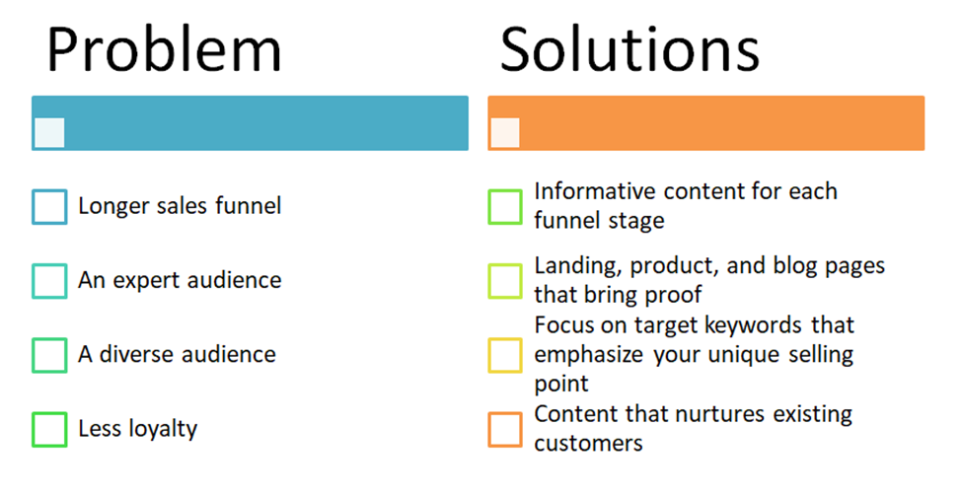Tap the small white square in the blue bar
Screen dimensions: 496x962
[x=49, y=133]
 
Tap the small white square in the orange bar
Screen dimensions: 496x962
[x=505, y=133]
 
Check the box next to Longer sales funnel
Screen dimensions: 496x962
[x=49, y=207]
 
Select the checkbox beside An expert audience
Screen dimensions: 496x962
[x=49, y=281]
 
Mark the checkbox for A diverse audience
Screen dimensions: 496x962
[x=49, y=355]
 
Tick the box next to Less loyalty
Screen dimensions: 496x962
[x=49, y=430]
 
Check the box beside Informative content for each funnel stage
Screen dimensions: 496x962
[x=505, y=207]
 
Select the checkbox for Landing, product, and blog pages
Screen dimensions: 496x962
[x=505, y=281]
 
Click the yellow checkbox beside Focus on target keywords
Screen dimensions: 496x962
[x=505, y=355]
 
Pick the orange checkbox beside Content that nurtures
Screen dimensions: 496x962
[x=505, y=430]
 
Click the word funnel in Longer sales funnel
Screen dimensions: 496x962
[x=249, y=206]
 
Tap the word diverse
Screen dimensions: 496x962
[x=131, y=354]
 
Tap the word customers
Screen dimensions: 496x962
[x=589, y=443]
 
